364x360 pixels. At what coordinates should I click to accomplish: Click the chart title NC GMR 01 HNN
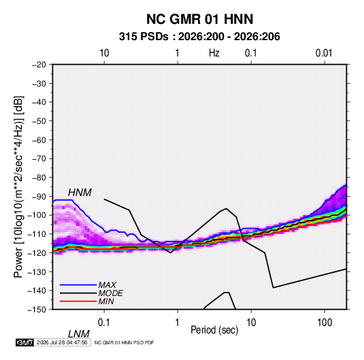coord(199,19)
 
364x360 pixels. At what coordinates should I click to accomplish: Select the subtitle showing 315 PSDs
coord(199,37)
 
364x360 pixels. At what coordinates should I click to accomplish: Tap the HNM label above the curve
coord(80,193)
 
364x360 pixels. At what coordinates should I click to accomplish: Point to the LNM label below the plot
coord(78,334)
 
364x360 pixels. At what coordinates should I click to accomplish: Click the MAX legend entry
coord(107,284)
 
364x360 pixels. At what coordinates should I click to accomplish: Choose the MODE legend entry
coord(110,293)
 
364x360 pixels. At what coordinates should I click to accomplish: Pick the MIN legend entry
coord(106,301)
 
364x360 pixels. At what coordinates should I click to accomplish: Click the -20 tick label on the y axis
coord(39,65)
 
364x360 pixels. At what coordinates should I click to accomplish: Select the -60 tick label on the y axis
coord(39,140)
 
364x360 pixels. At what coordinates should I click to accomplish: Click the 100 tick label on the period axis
coord(325,323)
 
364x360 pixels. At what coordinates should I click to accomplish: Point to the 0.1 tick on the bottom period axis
coord(104,323)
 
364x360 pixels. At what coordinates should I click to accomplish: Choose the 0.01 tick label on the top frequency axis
coord(324,53)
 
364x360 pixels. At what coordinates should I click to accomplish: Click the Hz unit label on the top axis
coord(214,53)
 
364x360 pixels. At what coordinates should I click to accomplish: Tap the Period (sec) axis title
coord(214,330)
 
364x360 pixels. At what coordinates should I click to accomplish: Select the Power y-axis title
coord(18,187)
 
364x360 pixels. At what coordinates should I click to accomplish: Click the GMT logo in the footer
coord(25,342)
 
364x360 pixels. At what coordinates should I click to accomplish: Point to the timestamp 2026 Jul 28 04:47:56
coord(62,342)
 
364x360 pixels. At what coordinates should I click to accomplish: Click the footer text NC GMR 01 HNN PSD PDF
coord(125,342)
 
